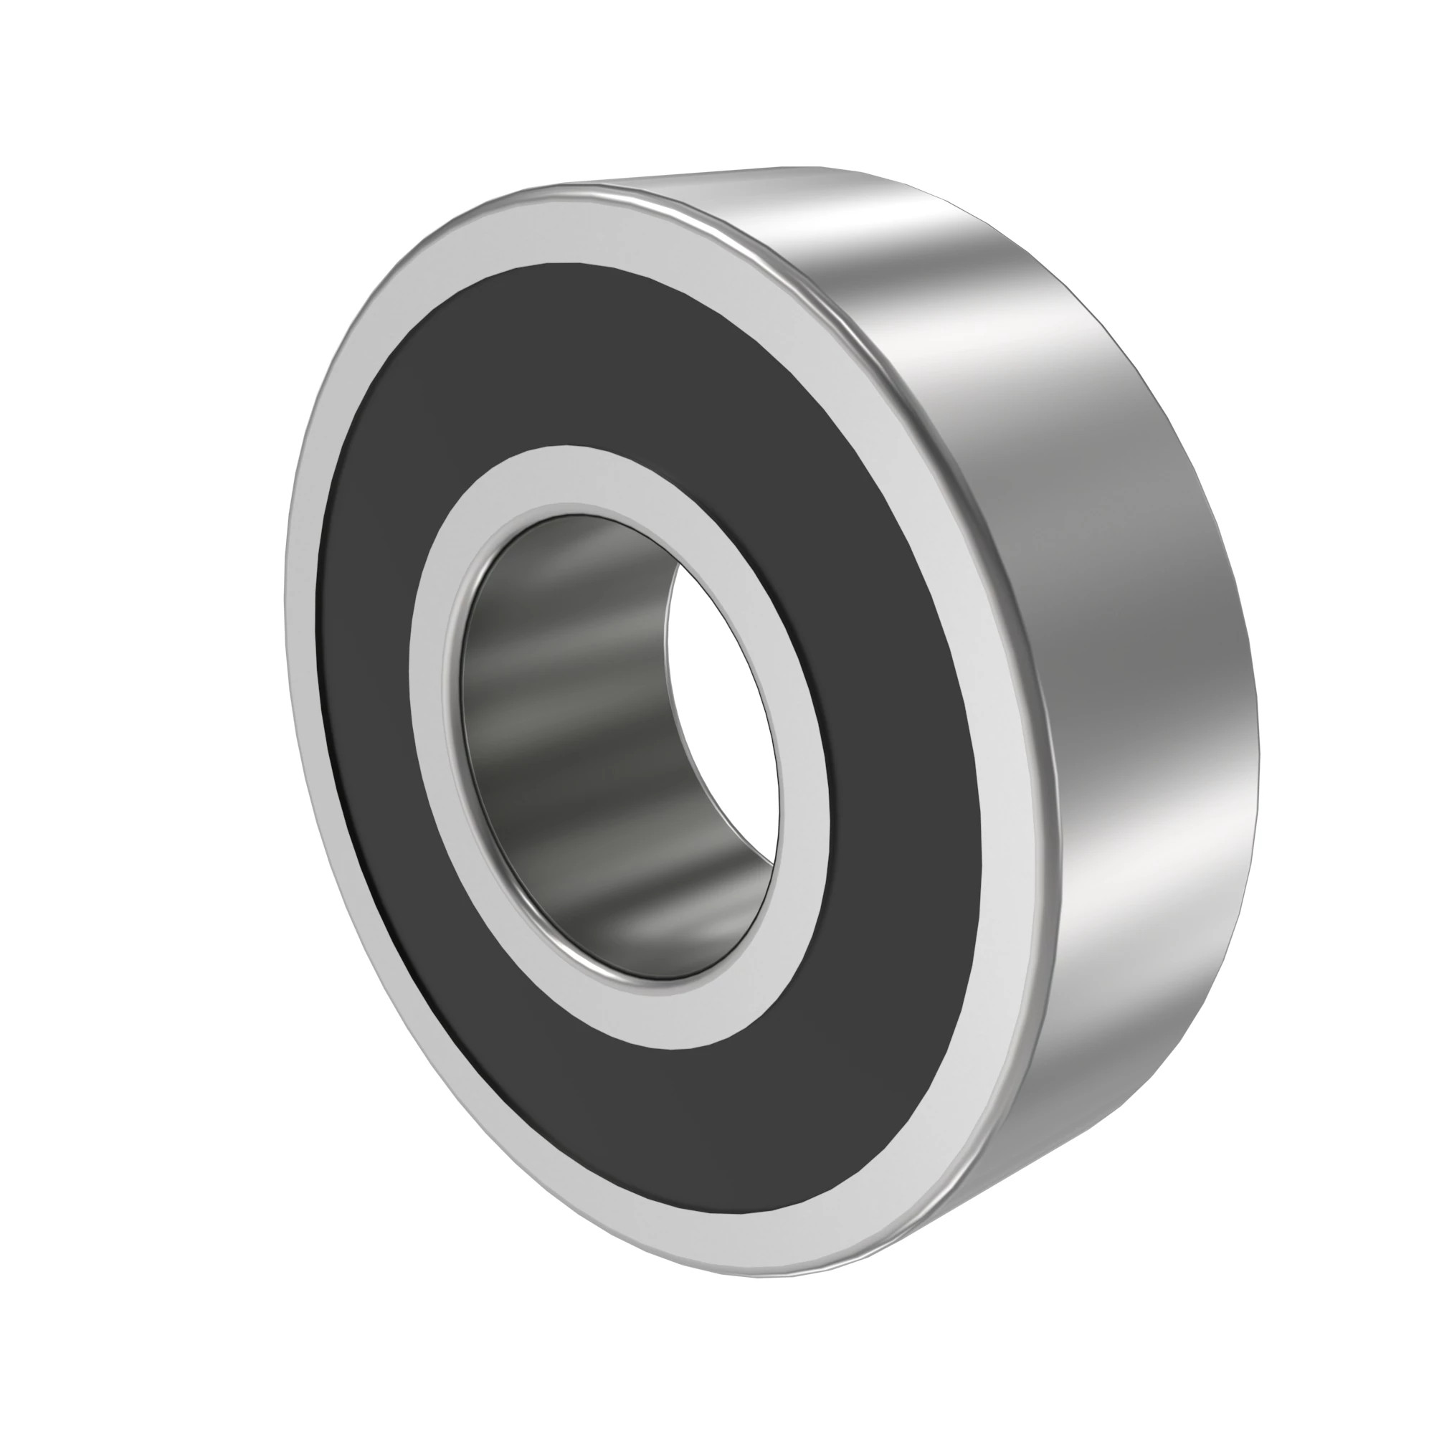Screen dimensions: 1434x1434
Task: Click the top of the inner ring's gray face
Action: pyautogui.click(x=571, y=475)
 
